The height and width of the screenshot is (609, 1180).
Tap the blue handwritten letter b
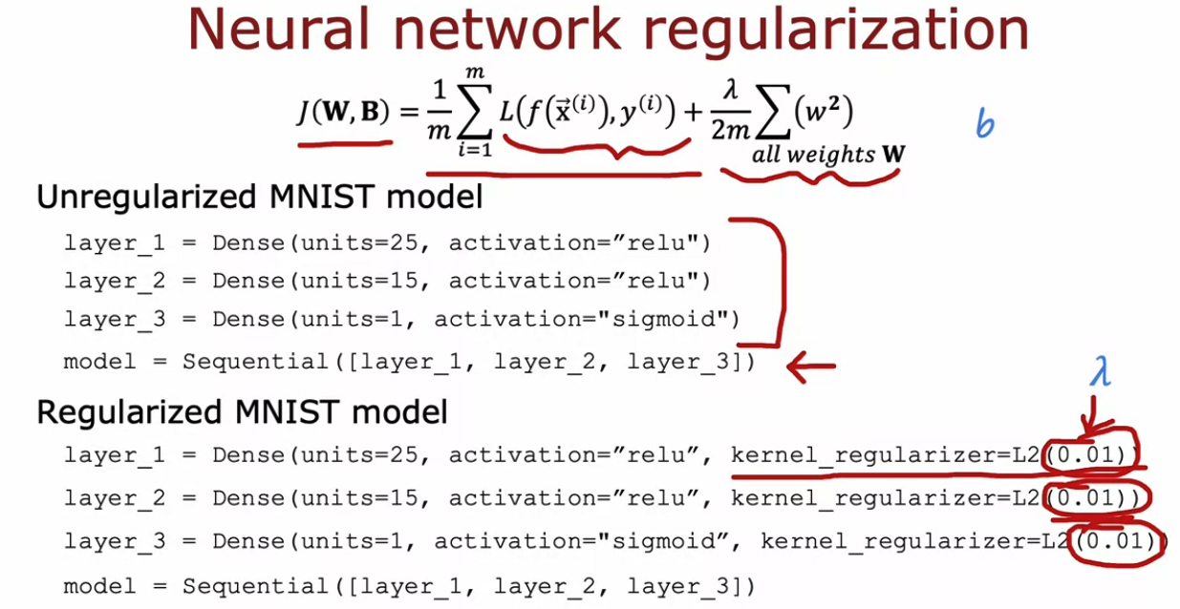tap(984, 123)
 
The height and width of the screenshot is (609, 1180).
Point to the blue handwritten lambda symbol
tap(1102, 371)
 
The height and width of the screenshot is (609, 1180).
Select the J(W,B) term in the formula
tap(343, 114)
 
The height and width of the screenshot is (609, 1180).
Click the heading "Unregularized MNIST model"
tap(259, 199)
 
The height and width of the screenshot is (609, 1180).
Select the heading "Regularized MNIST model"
tap(242, 412)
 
